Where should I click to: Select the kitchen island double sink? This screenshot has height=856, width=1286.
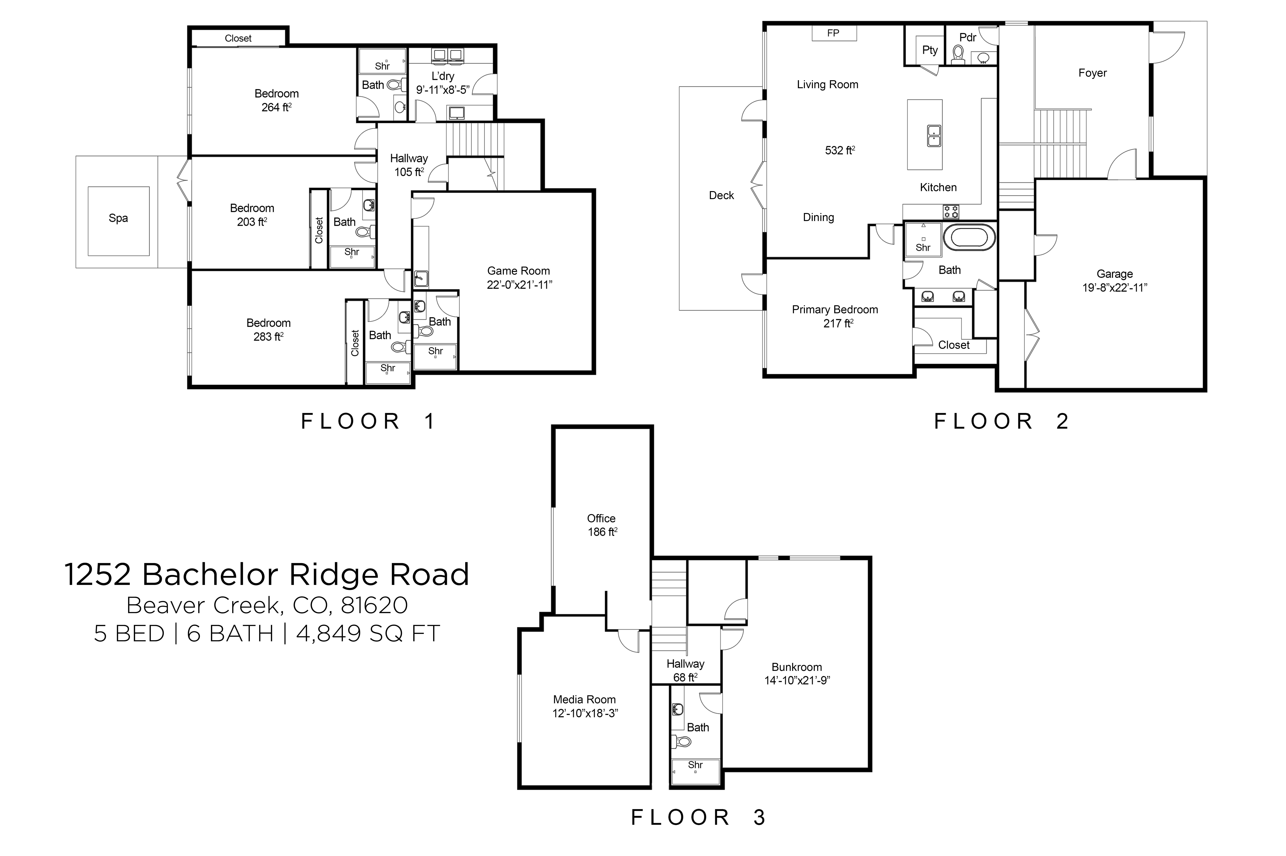934,135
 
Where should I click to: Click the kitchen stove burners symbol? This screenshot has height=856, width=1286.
951,211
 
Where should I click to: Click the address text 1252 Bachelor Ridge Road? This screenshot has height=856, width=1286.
266,574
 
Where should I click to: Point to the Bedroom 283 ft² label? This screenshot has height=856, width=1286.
268,330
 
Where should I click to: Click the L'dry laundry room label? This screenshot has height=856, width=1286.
442,76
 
